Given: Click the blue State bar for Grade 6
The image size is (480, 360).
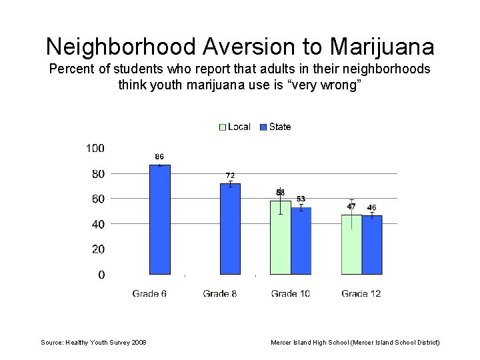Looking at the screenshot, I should pyautogui.click(x=160, y=219).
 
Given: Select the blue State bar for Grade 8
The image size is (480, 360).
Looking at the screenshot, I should pyautogui.click(x=231, y=229).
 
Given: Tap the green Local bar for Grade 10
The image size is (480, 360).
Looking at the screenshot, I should pyautogui.click(x=281, y=237).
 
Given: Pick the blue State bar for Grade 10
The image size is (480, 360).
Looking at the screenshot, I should pyautogui.click(x=301, y=241).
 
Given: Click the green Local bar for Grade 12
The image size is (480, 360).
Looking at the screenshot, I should pyautogui.click(x=351, y=244).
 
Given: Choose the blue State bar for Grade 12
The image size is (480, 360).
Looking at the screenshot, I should pyautogui.click(x=372, y=245).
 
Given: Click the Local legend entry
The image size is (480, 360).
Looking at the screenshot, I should pyautogui.click(x=235, y=127).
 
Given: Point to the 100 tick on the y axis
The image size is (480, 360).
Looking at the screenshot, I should pyautogui.click(x=95, y=148).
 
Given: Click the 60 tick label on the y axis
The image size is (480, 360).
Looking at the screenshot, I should pyautogui.click(x=97, y=199).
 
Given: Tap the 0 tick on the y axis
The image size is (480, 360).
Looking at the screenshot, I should pyautogui.click(x=101, y=275).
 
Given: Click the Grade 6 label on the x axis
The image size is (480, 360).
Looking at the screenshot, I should pyautogui.click(x=149, y=293).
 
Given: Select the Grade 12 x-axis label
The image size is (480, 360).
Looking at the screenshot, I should pyautogui.click(x=361, y=293).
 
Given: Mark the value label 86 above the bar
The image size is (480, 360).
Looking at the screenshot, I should pyautogui.click(x=160, y=157).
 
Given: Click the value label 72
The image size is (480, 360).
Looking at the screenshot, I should pyautogui.click(x=231, y=175).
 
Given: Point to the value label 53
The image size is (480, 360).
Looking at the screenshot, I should pyautogui.click(x=301, y=199).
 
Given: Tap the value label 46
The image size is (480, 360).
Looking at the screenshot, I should pyautogui.click(x=372, y=208).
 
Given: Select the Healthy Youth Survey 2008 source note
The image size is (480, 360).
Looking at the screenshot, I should pyautogui.click(x=94, y=342).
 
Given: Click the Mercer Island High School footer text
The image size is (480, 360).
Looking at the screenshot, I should pyautogui.click(x=355, y=342).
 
